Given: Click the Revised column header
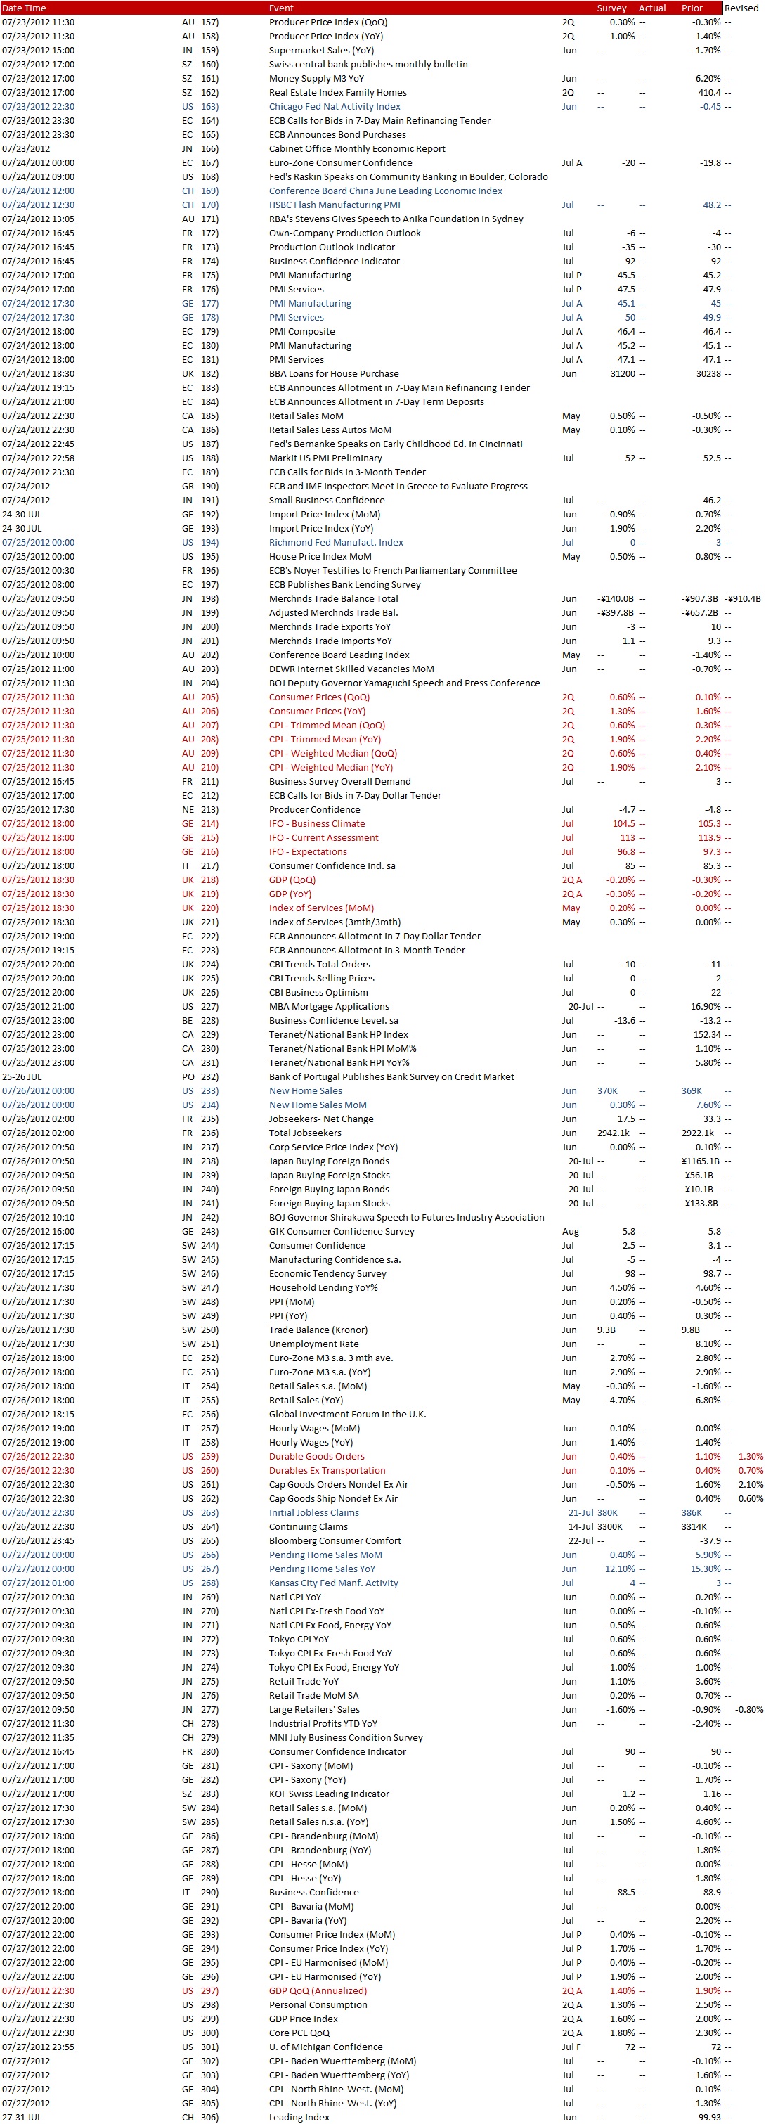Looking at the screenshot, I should (x=741, y=8).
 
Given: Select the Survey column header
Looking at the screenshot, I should (x=611, y=8).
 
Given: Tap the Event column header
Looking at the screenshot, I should (x=281, y=8).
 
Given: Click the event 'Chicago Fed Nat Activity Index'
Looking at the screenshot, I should (x=334, y=106).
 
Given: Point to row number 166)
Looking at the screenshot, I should (x=209, y=148).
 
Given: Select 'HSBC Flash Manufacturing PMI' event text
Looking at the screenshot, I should (x=334, y=205).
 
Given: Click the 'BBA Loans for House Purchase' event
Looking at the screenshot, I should (x=333, y=373).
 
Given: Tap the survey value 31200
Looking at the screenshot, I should (x=622, y=373).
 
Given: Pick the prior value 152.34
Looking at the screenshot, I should (x=707, y=1035).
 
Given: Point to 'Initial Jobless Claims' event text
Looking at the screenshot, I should (x=313, y=1513).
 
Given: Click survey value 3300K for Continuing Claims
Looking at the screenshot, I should (x=609, y=1527).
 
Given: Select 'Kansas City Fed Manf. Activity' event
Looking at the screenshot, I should (x=333, y=1583).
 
